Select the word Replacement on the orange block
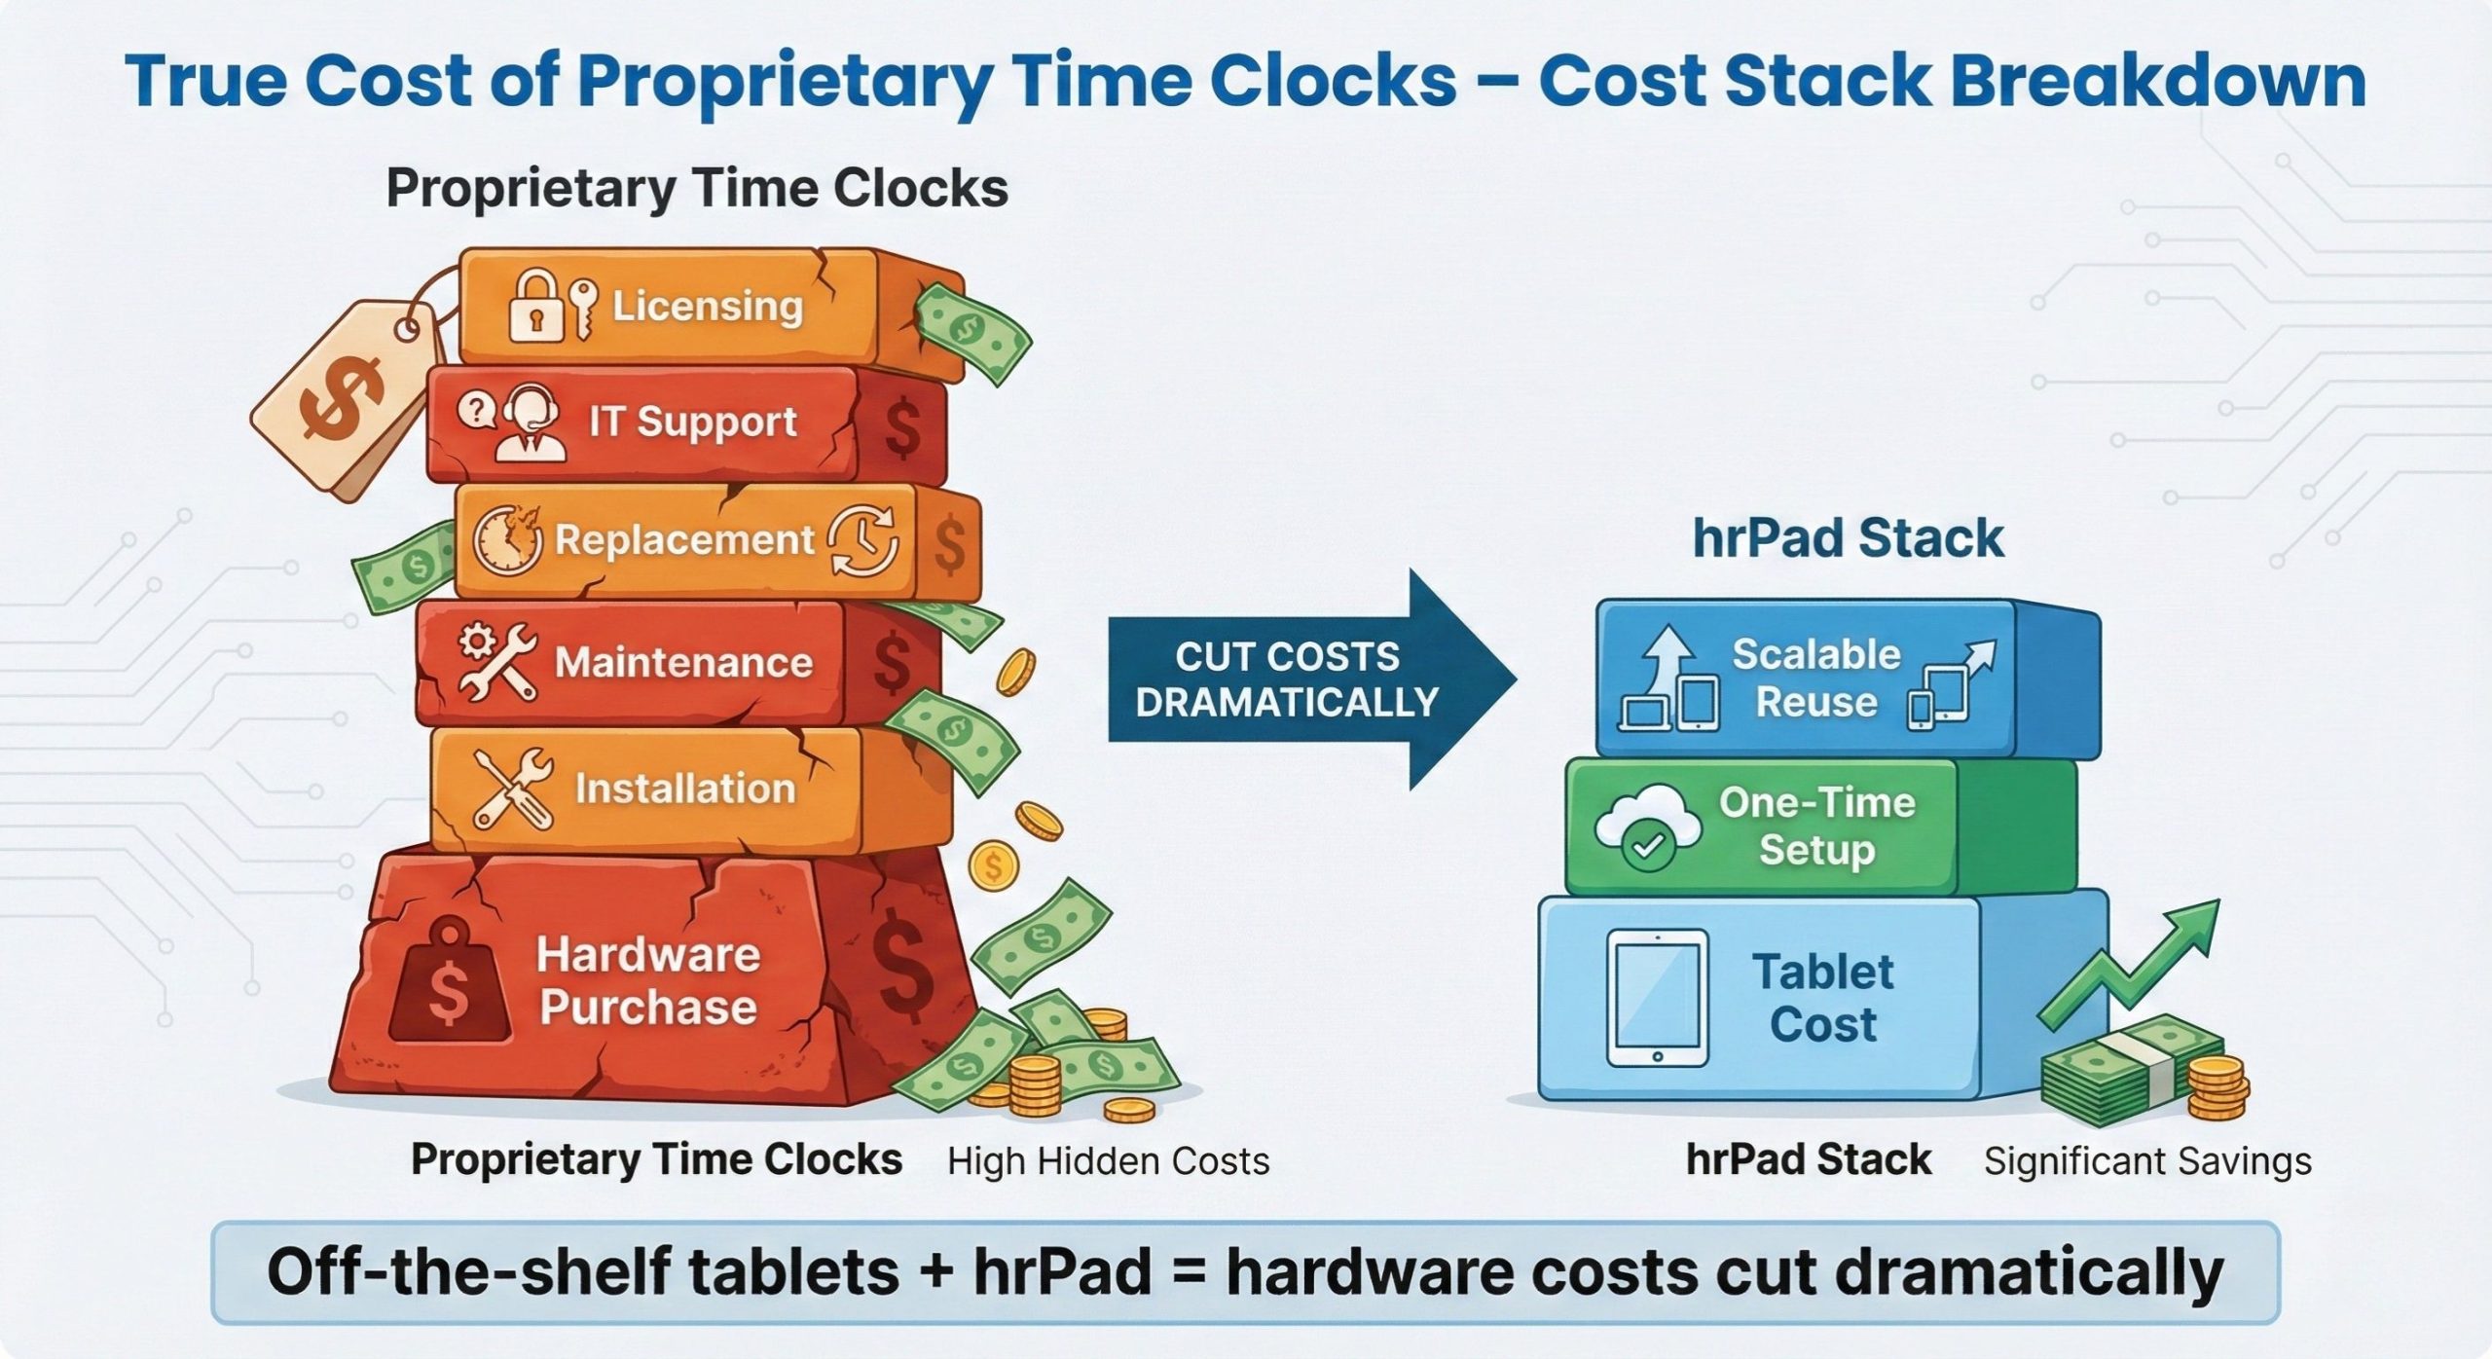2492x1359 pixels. [683, 540]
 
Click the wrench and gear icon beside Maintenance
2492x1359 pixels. [497, 662]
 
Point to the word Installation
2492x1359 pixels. [684, 788]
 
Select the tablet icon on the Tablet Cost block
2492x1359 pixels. [1657, 999]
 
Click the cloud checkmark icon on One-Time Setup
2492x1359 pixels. [1648, 828]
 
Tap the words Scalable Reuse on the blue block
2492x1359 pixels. [1815, 678]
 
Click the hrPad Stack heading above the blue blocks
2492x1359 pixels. [1848, 538]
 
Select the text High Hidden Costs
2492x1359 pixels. [1108, 1160]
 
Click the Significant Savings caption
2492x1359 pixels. [2147, 1160]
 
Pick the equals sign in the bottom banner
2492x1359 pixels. [1188, 1271]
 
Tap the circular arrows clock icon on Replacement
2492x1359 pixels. [862, 540]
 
